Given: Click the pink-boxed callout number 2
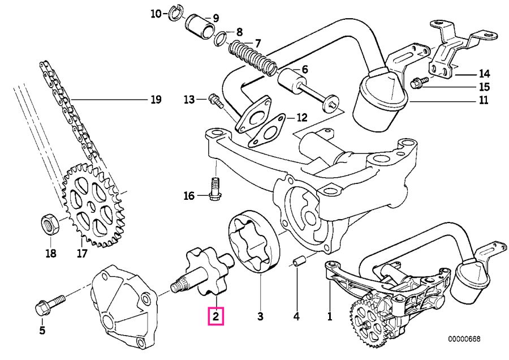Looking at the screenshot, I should (x=216, y=316).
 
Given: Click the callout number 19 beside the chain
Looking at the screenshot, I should (x=156, y=100).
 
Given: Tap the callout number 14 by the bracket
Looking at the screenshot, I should (x=484, y=74).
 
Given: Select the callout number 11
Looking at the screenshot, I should (x=484, y=102).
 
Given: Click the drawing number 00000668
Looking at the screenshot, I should (x=464, y=339).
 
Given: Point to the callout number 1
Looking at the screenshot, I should (x=330, y=316).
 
